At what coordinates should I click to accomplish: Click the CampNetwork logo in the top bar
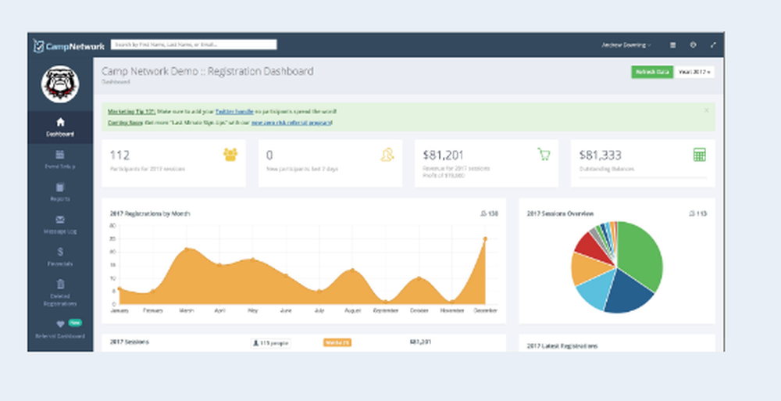[x=69, y=46]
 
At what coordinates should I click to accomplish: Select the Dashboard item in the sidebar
[x=60, y=127]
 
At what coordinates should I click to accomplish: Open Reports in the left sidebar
[x=60, y=192]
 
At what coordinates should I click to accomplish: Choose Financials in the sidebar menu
[x=60, y=257]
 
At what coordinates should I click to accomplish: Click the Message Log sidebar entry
[x=60, y=224]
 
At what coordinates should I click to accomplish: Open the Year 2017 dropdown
[x=695, y=72]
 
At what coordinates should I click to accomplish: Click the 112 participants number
[x=119, y=155]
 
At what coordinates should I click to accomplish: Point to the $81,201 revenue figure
[x=443, y=155]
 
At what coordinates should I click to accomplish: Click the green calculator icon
[x=699, y=155]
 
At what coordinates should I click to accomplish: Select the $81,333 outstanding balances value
[x=599, y=155]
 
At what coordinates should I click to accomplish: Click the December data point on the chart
[x=485, y=239]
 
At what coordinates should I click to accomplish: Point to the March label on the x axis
[x=185, y=310]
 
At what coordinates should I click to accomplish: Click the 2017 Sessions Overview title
[x=560, y=213]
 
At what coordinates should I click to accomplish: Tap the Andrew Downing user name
[x=626, y=45]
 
